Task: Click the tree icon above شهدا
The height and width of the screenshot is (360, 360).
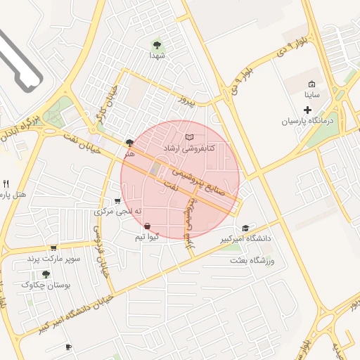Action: point(157,45)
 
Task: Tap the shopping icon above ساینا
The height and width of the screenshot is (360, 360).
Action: point(311,84)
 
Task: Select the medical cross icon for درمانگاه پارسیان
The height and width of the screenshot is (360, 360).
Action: point(307,110)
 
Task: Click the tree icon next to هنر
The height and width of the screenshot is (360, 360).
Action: point(129,143)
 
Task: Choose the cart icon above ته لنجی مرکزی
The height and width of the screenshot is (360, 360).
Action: point(117,201)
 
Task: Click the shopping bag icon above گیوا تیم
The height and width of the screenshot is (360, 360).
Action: point(147,226)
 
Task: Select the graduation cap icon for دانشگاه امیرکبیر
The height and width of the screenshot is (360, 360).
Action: point(245,228)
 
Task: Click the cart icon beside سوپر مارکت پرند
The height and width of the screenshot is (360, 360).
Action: point(53,248)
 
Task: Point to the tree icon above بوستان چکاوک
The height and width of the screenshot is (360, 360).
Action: point(46,274)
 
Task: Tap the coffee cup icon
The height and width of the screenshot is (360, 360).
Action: point(68,347)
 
